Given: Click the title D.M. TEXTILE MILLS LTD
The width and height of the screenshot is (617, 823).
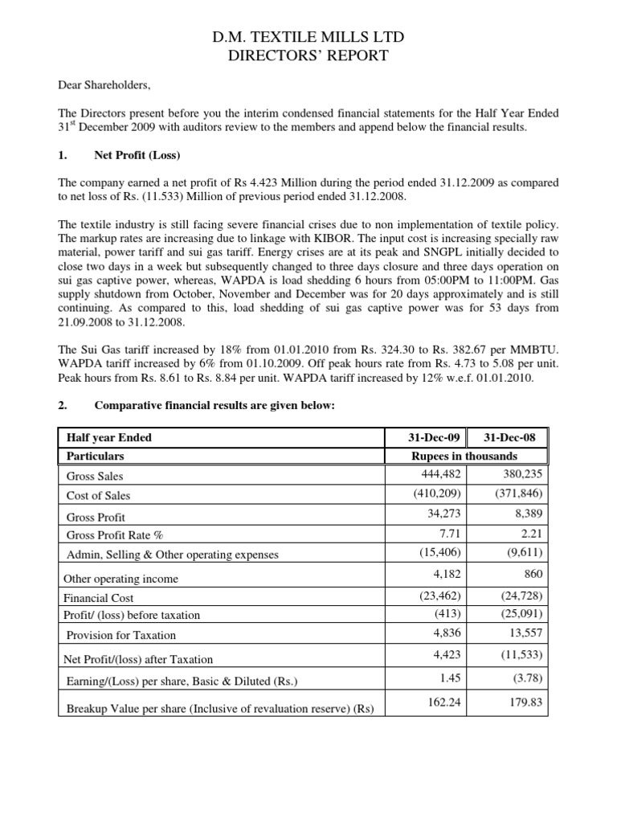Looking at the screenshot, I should click(308, 37).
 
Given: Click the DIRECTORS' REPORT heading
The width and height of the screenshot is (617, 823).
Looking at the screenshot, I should click(308, 55).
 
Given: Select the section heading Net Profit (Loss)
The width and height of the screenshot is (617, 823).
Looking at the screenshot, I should click(137, 154).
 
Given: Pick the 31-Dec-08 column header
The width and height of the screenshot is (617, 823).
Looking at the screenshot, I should click(514, 438).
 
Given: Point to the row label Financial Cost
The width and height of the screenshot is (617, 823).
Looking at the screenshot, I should click(100, 598).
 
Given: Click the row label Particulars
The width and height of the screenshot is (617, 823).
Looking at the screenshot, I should click(96, 457).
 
